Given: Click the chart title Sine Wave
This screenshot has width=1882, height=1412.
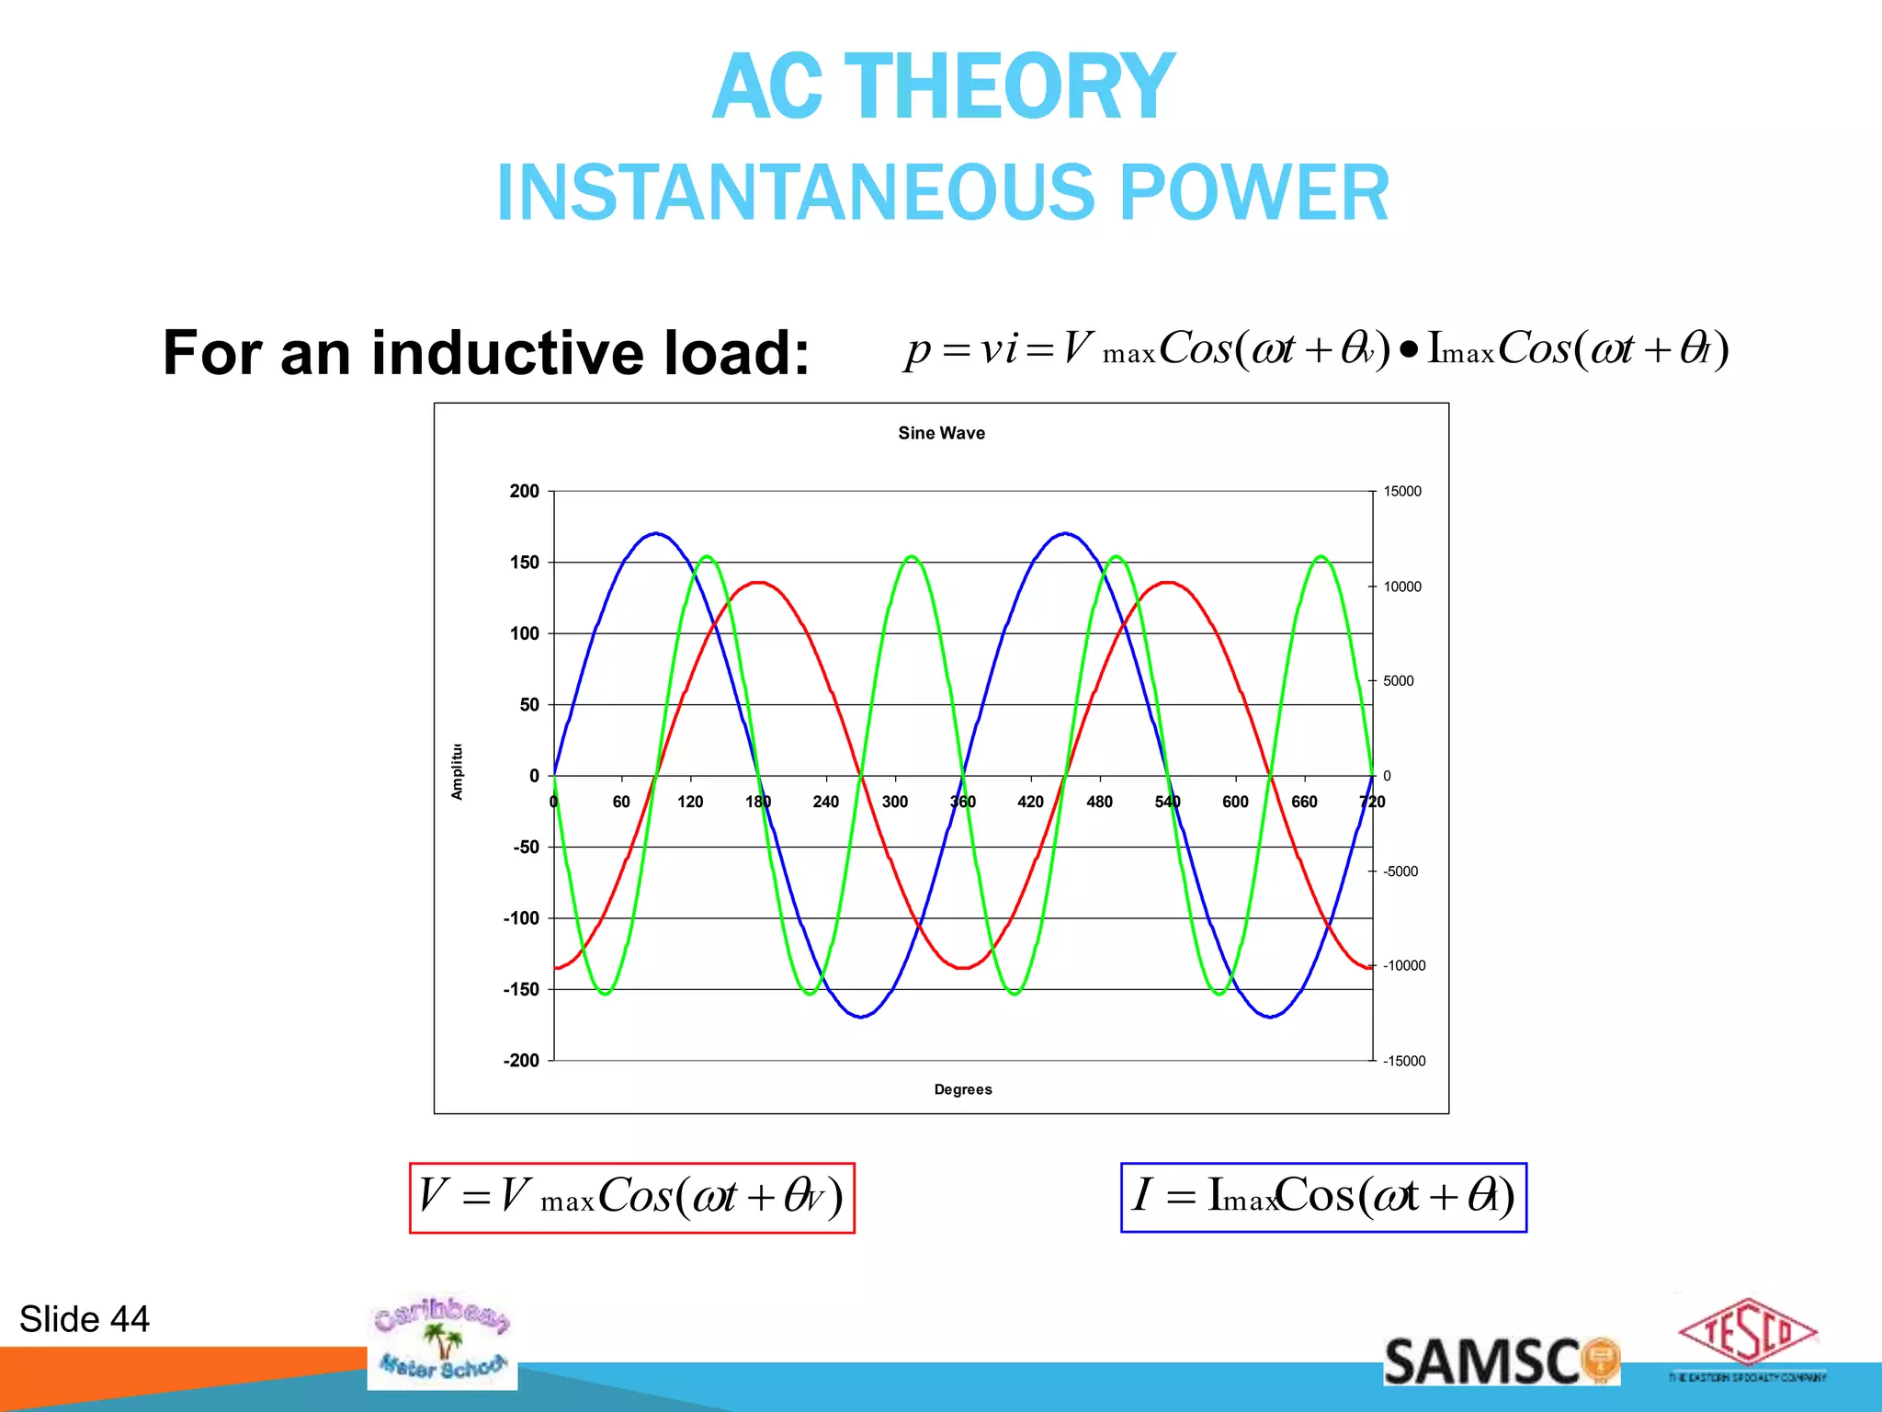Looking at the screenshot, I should tap(941, 433).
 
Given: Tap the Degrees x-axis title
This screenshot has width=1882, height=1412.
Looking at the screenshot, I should tap(962, 1089).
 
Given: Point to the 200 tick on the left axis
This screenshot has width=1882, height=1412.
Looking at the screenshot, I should tap(524, 491).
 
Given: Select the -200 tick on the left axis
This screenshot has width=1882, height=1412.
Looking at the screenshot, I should tap(521, 1061).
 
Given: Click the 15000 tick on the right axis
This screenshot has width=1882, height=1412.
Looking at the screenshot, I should tap(1402, 492).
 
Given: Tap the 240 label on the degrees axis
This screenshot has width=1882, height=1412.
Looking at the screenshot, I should tap(825, 802).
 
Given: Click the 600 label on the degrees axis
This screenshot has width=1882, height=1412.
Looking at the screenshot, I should tap(1235, 802).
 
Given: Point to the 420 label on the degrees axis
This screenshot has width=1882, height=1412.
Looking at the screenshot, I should tap(1030, 802).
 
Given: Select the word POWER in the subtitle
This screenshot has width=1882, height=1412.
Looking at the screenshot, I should tap(1253, 193).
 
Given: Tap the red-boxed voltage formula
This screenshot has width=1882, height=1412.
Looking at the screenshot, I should tap(631, 1198).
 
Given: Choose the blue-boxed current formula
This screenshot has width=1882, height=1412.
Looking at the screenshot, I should tap(1323, 1197).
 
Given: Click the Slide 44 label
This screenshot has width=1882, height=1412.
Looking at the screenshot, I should tap(85, 1319).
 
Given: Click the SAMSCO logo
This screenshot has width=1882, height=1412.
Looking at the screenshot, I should tap(1501, 1361).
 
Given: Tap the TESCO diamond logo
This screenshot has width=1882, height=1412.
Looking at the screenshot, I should tap(1747, 1334).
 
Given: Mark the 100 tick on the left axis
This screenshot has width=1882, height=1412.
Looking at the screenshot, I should tap(524, 633).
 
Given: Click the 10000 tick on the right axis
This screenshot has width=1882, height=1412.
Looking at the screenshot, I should tap(1402, 586).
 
